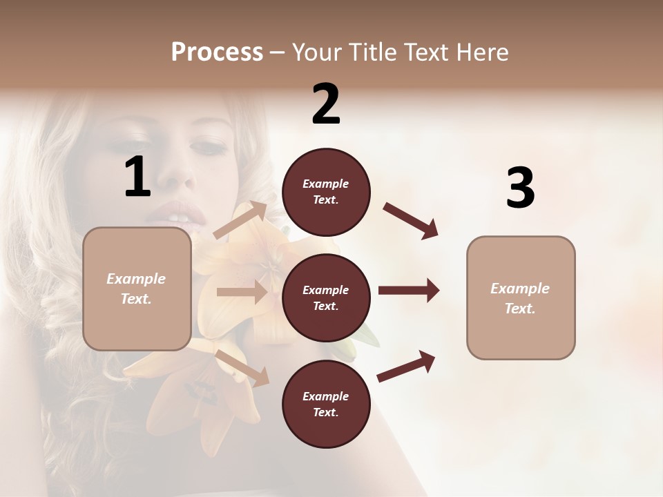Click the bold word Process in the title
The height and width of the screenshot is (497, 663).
[x=217, y=52]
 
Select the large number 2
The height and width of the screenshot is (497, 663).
[x=326, y=104]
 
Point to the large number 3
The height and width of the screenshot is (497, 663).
[x=520, y=188]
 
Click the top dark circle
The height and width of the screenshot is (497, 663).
[x=326, y=192]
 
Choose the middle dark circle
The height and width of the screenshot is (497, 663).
[x=326, y=298]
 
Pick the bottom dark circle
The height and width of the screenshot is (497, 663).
[x=326, y=404]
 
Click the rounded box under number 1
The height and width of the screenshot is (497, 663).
[x=137, y=289]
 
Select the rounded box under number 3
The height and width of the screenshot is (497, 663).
[x=521, y=298]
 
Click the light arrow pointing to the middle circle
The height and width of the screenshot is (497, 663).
[x=242, y=292]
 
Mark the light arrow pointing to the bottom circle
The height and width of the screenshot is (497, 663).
[x=242, y=367]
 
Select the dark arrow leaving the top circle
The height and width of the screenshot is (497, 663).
[x=411, y=221]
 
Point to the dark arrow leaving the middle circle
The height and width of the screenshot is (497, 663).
[x=409, y=291]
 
